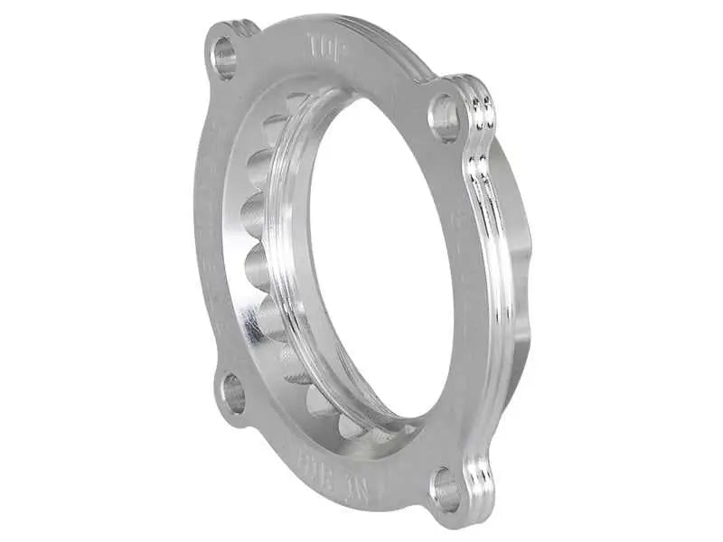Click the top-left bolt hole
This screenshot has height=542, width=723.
223,57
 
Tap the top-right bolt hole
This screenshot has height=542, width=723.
445,117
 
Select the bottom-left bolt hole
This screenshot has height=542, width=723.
233,394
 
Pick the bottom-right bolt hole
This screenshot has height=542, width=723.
445,490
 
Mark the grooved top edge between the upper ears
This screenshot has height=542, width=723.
361,27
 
